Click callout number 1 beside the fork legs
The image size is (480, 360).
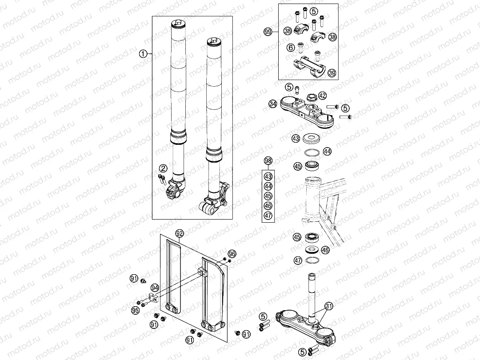tap(143, 54)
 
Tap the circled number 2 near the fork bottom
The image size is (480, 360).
tap(163, 168)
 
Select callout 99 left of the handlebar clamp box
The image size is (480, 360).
tap(268, 32)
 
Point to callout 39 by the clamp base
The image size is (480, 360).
tap(332, 73)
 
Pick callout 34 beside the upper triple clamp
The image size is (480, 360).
tap(273, 104)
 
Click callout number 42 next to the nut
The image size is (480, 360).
tap(322, 96)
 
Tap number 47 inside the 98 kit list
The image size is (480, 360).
tap(268, 216)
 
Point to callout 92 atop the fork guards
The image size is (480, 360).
tap(179, 233)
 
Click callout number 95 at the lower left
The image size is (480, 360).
tap(135, 310)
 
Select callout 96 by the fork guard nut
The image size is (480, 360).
tap(232, 254)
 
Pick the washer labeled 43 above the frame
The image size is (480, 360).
tap(313, 139)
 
